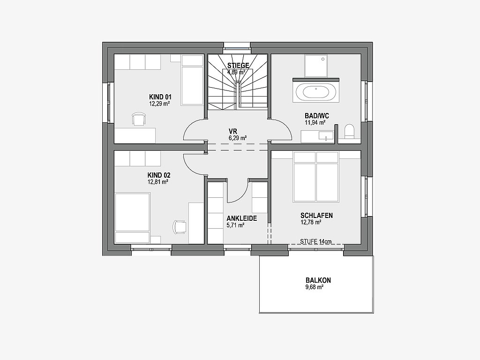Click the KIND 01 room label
tap(160, 97)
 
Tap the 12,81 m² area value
tap(158, 182)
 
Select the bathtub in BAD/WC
tap(316, 92)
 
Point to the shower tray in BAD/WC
tap(316, 66)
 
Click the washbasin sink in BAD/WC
tap(326, 135)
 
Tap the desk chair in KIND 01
tap(139, 119)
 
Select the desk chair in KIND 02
tap(180, 227)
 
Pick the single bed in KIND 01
tap(192, 80)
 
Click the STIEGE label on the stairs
tap(238, 65)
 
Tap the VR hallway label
tap(233, 132)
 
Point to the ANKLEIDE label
tap(241, 218)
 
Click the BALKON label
tap(318, 280)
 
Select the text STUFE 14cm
tap(315, 241)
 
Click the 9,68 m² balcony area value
tap(315, 287)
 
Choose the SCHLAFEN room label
tap(316, 216)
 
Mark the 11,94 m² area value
tap(315, 123)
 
